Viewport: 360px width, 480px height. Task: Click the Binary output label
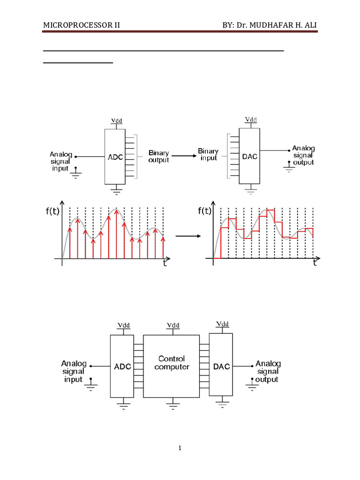159,157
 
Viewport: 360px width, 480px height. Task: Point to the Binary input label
208,155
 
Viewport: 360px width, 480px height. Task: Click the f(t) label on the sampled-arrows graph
52,211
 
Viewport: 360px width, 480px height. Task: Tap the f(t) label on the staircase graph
205,211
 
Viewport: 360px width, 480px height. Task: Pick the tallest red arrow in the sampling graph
116,234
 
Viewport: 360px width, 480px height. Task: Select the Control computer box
172,366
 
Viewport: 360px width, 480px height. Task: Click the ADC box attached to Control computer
122,366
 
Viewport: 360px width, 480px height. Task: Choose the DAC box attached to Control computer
221,366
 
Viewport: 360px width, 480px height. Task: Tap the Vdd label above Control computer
173,325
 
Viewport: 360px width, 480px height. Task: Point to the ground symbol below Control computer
173,403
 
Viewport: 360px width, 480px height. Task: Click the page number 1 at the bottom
180,449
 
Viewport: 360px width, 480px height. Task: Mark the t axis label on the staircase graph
315,263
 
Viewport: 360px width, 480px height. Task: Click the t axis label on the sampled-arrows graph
164,263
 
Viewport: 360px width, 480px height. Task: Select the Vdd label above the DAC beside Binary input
251,120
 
